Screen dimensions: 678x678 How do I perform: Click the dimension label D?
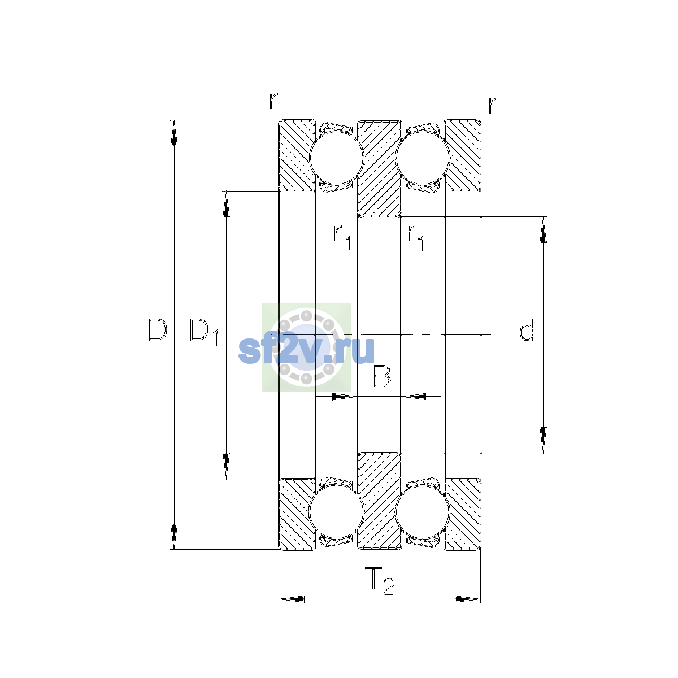pyautogui.click(x=158, y=329)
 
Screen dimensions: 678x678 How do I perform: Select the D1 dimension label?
pyautogui.click(x=205, y=332)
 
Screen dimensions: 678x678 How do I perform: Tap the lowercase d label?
pyautogui.click(x=527, y=329)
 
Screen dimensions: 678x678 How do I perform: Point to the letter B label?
pyautogui.click(x=382, y=376)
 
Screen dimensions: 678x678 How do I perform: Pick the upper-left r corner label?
pyautogui.click(x=273, y=101)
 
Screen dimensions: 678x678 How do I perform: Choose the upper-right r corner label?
pyautogui.click(x=493, y=105)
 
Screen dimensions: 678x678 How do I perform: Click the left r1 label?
pyautogui.click(x=342, y=237)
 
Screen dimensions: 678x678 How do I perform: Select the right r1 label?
pyautogui.click(x=415, y=237)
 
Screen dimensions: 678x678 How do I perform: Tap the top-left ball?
pyautogui.click(x=336, y=158)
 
